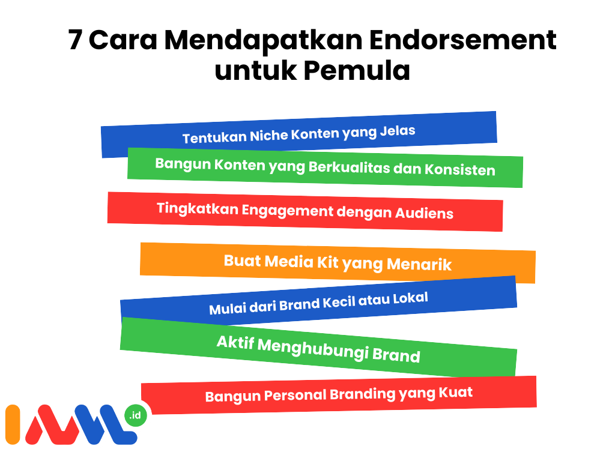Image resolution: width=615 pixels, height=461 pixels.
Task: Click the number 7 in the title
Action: (x=75, y=40)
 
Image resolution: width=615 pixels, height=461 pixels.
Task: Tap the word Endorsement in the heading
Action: (x=463, y=40)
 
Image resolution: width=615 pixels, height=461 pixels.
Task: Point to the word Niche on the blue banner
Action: (x=268, y=135)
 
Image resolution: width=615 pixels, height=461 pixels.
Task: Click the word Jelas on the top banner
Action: (x=398, y=130)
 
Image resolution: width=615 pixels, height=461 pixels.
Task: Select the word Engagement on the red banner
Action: (x=287, y=211)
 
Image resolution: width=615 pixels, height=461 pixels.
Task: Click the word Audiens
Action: (x=424, y=213)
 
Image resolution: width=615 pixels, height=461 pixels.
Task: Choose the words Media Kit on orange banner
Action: (x=301, y=262)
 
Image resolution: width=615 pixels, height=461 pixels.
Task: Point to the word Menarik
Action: (x=419, y=264)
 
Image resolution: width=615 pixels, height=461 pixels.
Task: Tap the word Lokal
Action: (x=410, y=298)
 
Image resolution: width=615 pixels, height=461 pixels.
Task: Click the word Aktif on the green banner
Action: (x=235, y=343)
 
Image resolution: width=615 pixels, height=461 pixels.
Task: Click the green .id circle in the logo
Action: (x=135, y=415)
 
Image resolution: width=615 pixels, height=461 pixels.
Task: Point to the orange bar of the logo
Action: (x=13, y=424)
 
